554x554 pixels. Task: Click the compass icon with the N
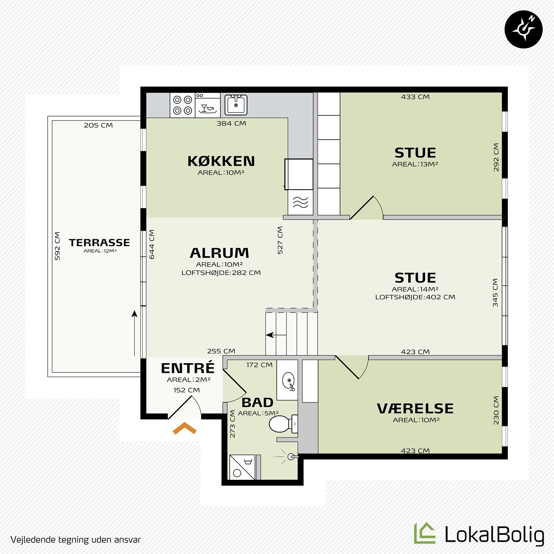(524, 29)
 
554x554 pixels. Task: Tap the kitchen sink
(236, 105)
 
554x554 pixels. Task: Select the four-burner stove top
(183, 105)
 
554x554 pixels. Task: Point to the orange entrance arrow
(185, 428)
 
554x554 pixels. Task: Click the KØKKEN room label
(221, 161)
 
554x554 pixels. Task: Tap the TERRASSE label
(100, 243)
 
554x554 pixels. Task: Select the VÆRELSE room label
(415, 409)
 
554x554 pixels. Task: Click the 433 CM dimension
(415, 97)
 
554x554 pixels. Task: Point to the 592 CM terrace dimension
(57, 246)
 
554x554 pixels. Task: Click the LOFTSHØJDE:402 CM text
(415, 297)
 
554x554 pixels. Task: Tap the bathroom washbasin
(289, 381)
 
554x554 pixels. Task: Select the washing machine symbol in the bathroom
(242, 467)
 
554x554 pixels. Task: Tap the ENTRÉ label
(188, 368)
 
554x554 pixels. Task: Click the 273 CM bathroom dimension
(233, 424)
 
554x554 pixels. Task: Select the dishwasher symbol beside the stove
(208, 105)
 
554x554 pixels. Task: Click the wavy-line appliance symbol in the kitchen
(300, 202)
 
